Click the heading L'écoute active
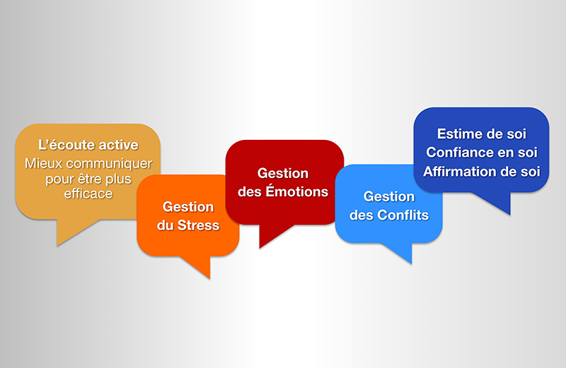point(88,145)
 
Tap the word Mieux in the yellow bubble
point(41,163)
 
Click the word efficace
point(88,193)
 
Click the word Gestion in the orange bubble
point(187,207)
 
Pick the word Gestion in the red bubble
point(283,172)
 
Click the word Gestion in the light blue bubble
point(388,196)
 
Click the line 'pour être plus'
point(88,178)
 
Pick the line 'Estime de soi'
point(482,133)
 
